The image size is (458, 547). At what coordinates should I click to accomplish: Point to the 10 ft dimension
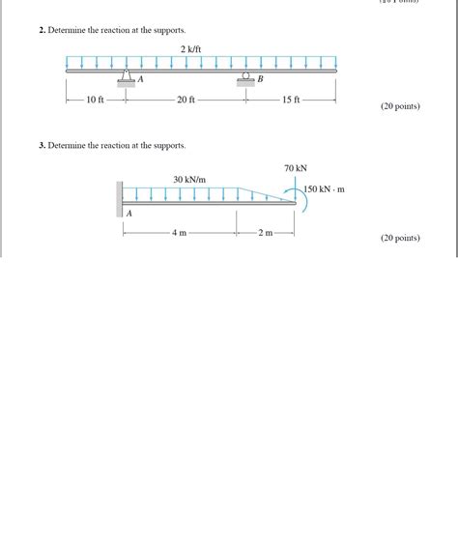[95, 100]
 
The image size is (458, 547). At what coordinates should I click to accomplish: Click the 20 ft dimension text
[186, 100]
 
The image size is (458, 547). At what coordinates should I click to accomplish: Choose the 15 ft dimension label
[291, 100]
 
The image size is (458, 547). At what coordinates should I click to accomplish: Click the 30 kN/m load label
[189, 180]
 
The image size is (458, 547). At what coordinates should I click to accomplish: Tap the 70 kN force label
[296, 168]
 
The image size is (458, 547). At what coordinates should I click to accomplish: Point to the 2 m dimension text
[265, 233]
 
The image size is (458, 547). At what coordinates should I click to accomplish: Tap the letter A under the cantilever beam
[129, 213]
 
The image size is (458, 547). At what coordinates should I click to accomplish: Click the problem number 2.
[42, 31]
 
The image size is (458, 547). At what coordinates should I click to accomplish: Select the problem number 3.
[42, 145]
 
